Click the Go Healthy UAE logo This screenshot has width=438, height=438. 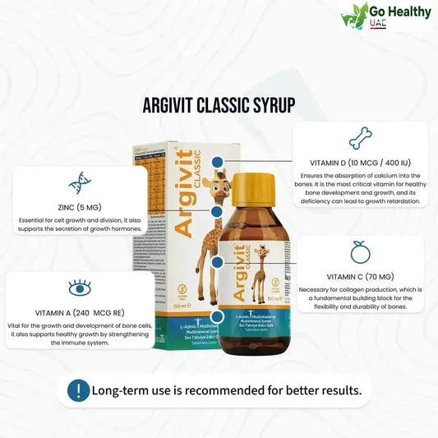click(385, 16)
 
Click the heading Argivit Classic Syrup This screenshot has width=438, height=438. click(219, 105)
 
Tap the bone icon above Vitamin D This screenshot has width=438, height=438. click(360, 137)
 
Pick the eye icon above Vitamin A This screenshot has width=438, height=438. click(80, 288)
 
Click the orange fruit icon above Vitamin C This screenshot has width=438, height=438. click(359, 251)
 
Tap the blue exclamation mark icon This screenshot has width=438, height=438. click(79, 390)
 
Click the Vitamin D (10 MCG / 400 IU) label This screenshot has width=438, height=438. click(360, 162)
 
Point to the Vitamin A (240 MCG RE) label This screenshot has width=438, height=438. click(80, 313)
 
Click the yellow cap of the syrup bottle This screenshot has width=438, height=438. click(254, 188)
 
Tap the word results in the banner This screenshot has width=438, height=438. click(339, 390)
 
